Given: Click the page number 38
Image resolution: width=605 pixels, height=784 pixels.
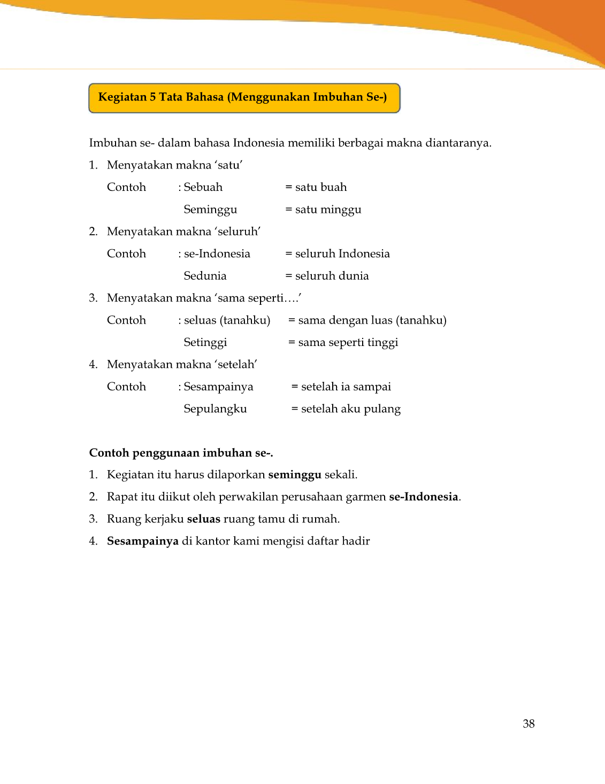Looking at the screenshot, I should pos(529,724).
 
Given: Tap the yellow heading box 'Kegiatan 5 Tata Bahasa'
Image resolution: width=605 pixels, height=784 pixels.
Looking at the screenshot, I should pos(244,97).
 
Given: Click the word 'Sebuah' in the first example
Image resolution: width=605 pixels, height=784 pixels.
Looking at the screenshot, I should pos(203,187).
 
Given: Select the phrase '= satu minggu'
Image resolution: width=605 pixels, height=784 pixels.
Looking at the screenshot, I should pos(323,210).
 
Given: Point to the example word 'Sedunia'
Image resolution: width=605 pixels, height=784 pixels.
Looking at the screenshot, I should pos(205,276).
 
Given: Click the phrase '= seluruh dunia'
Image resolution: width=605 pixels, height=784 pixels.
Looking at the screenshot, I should pos(327,276).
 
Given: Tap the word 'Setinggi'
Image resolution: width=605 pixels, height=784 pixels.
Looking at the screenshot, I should pos(205,342).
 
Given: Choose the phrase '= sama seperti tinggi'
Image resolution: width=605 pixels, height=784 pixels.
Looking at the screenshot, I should pos(343,342).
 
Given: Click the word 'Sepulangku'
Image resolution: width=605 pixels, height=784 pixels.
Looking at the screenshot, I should pos(215,409).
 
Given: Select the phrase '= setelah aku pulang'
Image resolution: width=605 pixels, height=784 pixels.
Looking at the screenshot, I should pos(346,409).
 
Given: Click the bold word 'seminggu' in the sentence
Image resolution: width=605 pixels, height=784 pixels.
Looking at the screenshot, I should pos(295,475).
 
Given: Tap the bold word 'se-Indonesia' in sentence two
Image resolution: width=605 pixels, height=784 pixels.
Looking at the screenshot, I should pos(424,497).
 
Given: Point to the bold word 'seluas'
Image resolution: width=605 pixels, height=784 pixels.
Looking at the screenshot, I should pos(203,519).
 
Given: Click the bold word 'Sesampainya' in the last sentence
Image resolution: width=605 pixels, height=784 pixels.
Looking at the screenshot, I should pos(143,541).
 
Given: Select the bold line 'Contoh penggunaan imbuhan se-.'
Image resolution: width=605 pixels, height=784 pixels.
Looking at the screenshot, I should pos(181,453).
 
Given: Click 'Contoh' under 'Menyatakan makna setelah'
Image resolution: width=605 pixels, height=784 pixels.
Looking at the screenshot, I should pos(126,387).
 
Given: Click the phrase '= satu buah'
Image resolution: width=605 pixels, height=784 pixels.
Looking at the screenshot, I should pos(316,187).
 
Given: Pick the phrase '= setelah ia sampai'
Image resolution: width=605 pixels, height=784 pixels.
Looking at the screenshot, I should pos(341,387).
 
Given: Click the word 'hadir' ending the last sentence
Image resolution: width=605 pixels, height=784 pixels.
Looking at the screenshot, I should pos(356,541).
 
